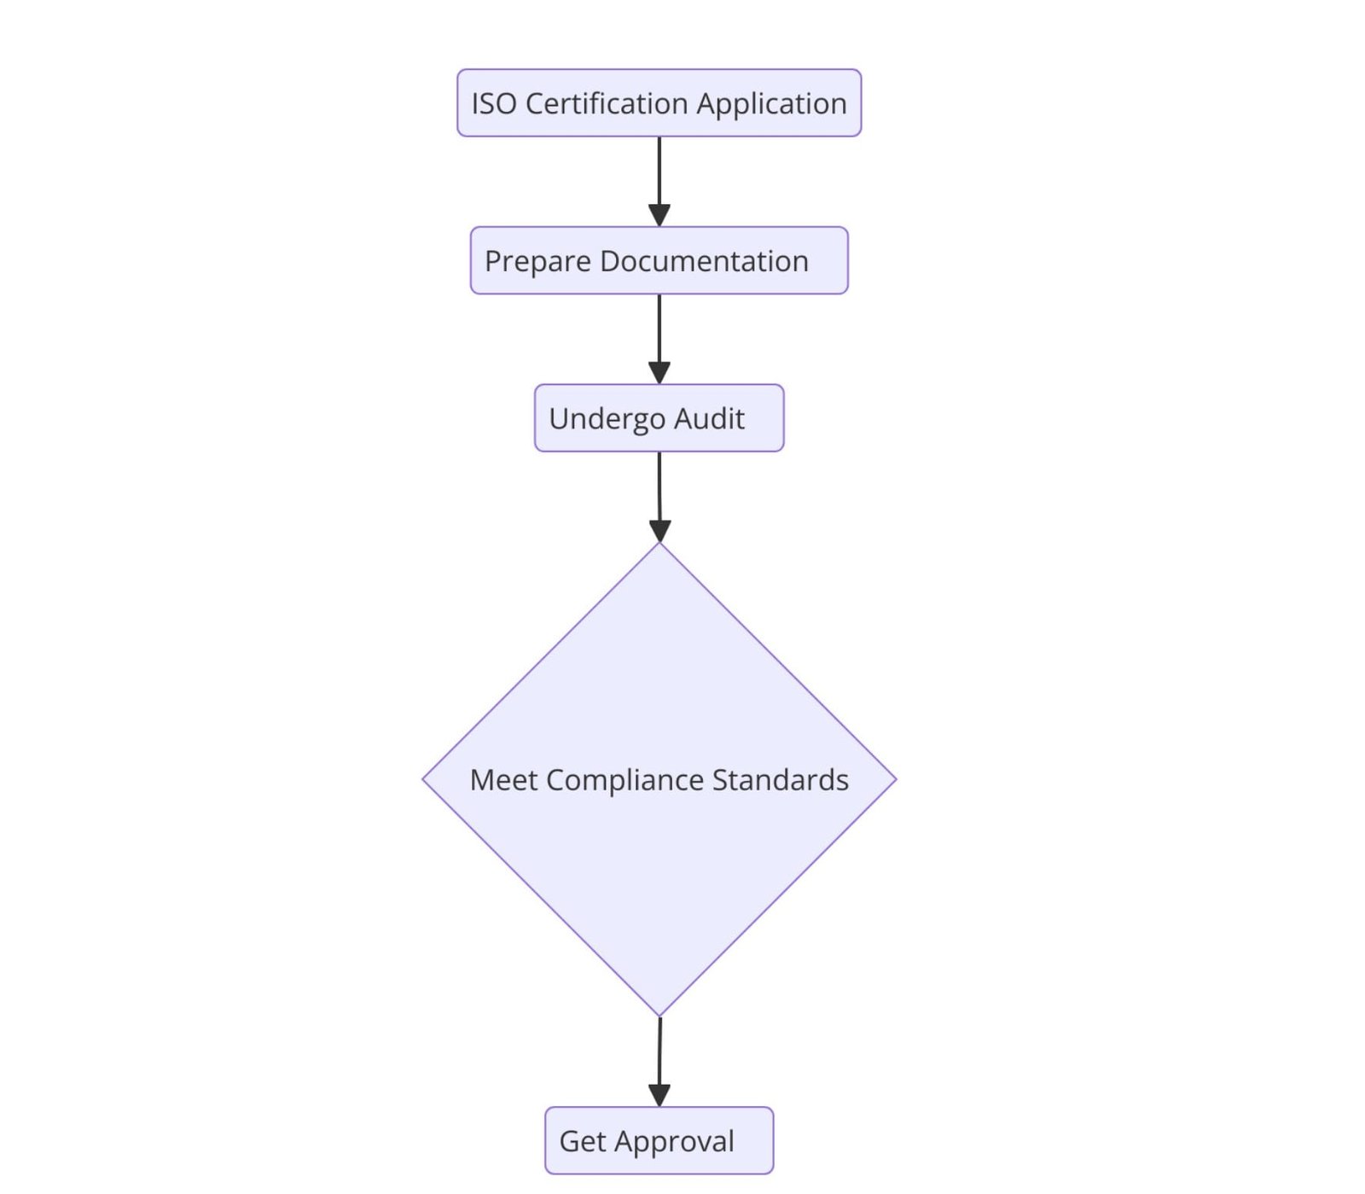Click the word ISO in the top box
pyautogui.click(x=494, y=104)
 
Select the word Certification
pyautogui.click(x=607, y=104)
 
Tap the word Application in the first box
pyautogui.click(x=771, y=104)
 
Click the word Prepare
pyautogui.click(x=537, y=261)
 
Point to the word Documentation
pyautogui.click(x=704, y=261)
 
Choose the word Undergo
pyautogui.click(x=607, y=419)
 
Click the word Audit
pyautogui.click(x=710, y=419)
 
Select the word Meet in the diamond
pyautogui.click(x=503, y=780)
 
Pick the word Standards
pyautogui.click(x=780, y=780)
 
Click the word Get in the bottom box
pyautogui.click(x=583, y=1141)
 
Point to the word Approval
pyautogui.click(x=674, y=1141)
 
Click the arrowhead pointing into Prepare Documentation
pyautogui.click(x=659, y=216)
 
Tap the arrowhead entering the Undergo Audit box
pyautogui.click(x=659, y=373)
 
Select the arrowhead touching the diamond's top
pyautogui.click(x=659, y=531)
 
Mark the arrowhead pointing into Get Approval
pyautogui.click(x=659, y=1096)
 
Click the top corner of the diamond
pyautogui.click(x=659, y=544)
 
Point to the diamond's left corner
pyautogui.click(x=423, y=778)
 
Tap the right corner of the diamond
pyautogui.click(x=896, y=778)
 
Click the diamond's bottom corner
pyautogui.click(x=659, y=1016)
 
